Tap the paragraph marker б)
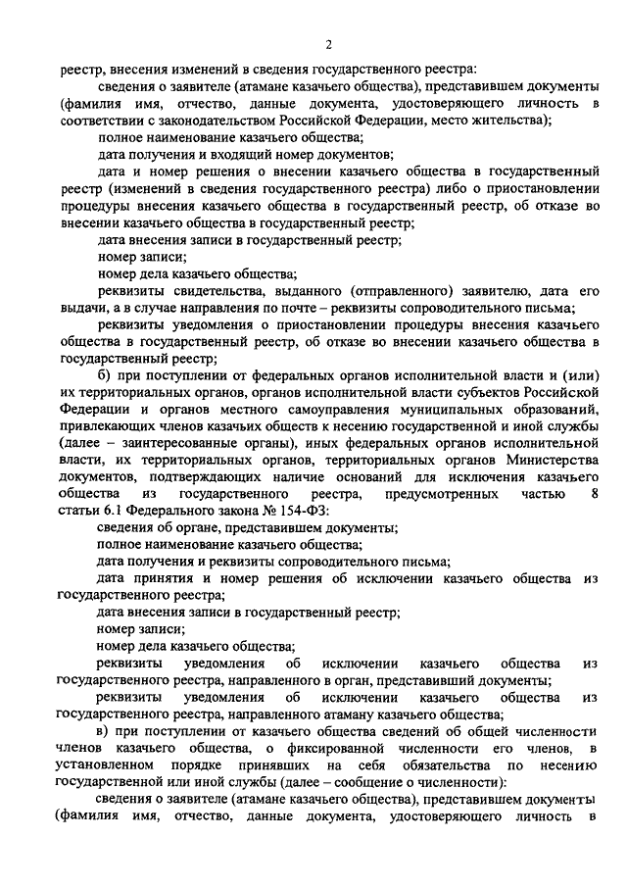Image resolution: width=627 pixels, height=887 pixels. click(x=105, y=375)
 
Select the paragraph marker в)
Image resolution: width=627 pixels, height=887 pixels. click(x=105, y=732)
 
